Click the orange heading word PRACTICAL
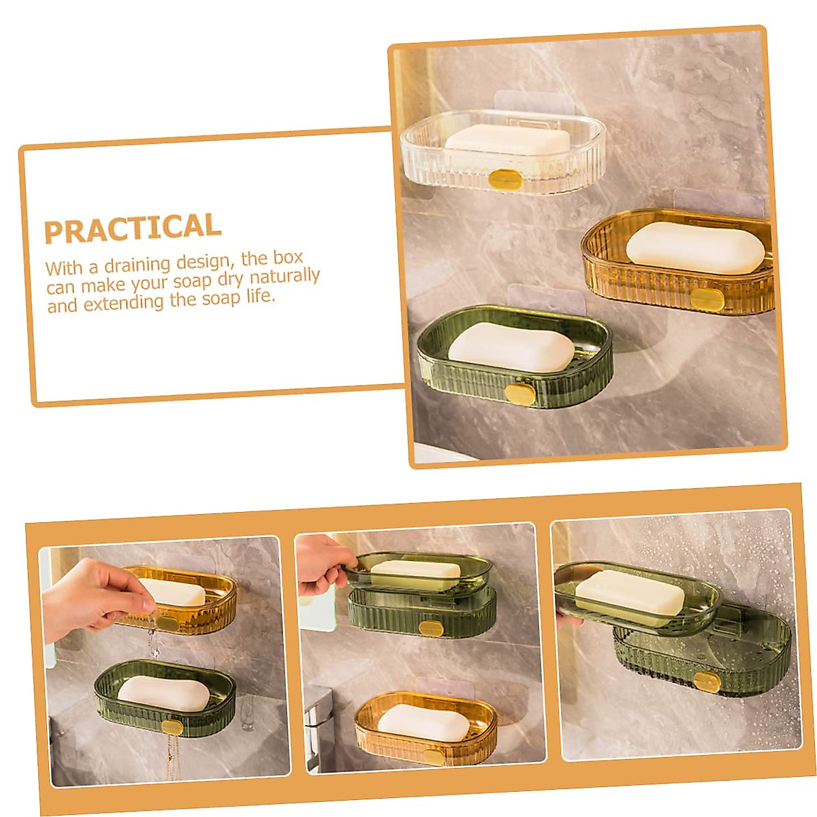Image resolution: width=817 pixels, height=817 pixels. pyautogui.click(x=133, y=229)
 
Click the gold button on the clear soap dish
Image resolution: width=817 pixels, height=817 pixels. pyautogui.click(x=505, y=180)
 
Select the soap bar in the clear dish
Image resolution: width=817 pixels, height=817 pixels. pyautogui.click(x=507, y=140)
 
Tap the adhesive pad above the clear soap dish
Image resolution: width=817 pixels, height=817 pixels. pyautogui.click(x=534, y=102)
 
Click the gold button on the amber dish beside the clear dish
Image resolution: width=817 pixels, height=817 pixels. pyautogui.click(x=707, y=299)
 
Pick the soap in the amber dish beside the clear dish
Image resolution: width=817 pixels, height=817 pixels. pyautogui.click(x=695, y=248)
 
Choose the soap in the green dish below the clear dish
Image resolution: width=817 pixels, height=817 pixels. pyautogui.click(x=511, y=347)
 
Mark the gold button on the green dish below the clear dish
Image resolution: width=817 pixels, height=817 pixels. pyautogui.click(x=522, y=394)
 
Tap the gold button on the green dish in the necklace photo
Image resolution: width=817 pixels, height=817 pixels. pyautogui.click(x=172, y=727)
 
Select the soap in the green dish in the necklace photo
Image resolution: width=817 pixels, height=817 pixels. pyautogui.click(x=163, y=693)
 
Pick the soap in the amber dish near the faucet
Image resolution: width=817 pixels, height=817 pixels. pyautogui.click(x=423, y=722)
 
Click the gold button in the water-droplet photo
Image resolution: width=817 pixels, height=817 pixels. pyautogui.click(x=707, y=682)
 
